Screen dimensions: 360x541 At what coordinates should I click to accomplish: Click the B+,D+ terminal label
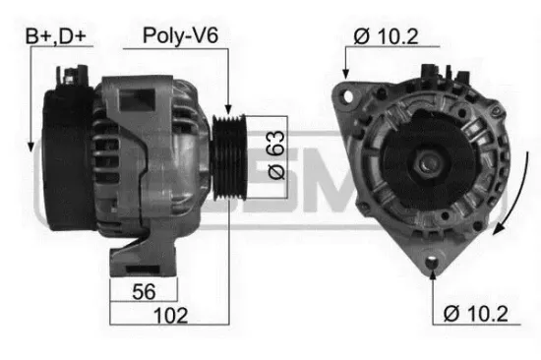(54, 36)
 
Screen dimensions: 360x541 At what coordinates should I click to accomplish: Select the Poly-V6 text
(180, 36)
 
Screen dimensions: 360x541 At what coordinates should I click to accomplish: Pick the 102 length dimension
(171, 316)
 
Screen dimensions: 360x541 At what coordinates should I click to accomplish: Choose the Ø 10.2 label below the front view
(476, 315)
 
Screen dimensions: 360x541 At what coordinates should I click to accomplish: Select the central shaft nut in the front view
(429, 158)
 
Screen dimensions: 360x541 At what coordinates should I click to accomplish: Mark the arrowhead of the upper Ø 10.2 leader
(346, 75)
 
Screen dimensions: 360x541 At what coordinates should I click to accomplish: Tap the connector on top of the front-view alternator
(433, 72)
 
